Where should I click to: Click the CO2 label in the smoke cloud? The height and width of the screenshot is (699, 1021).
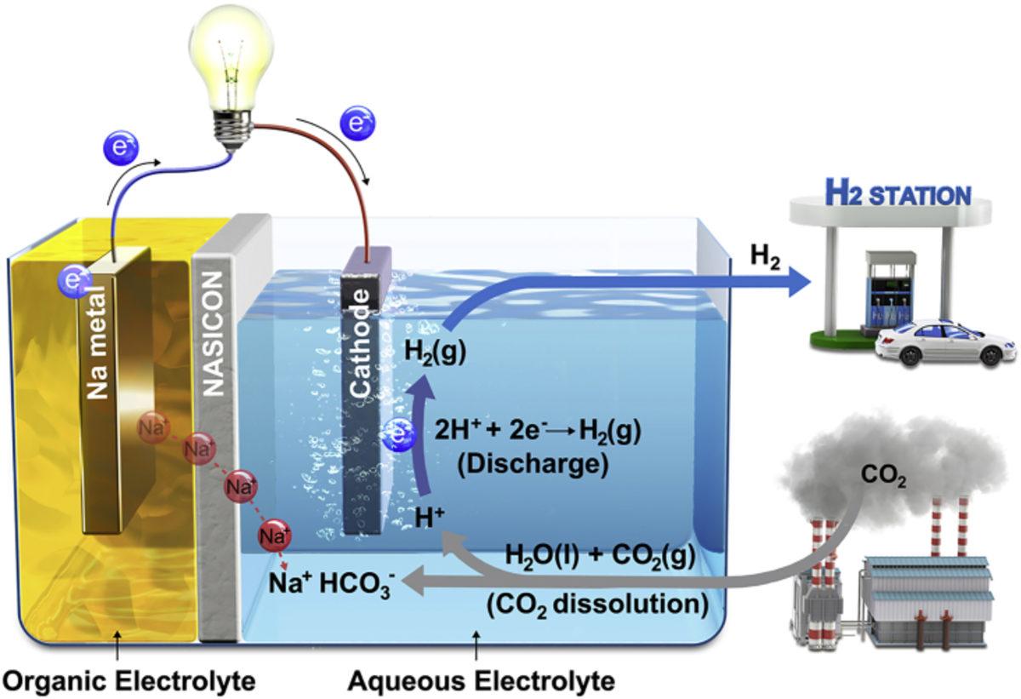(881, 480)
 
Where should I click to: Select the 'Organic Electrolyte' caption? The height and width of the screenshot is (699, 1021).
(128, 681)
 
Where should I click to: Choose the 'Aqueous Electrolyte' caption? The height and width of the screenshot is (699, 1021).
(481, 681)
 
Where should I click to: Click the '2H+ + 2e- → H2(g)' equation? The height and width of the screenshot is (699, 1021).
(537, 432)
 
